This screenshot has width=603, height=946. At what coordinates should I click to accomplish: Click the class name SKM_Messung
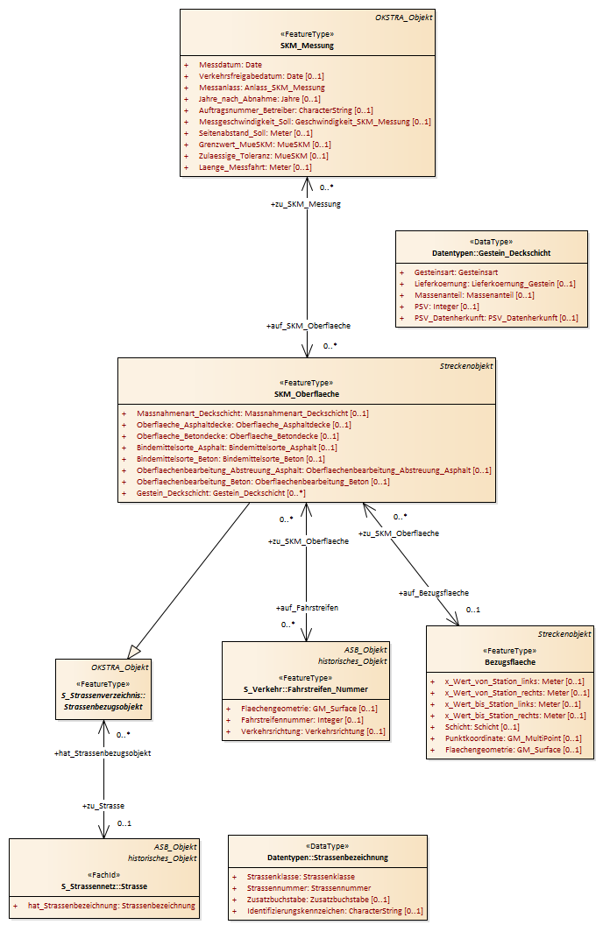[x=307, y=46]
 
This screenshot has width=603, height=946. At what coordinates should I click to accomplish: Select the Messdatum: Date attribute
[x=231, y=65]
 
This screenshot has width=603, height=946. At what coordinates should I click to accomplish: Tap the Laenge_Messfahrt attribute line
[x=255, y=167]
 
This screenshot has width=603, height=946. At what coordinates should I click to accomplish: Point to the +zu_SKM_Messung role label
[x=305, y=204]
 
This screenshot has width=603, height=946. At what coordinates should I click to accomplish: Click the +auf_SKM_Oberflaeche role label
[x=309, y=326]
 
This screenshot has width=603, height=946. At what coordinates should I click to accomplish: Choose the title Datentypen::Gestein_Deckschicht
[x=492, y=253]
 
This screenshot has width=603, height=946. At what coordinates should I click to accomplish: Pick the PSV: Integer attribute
[x=447, y=307]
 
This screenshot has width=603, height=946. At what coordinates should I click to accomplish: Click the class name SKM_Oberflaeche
[x=307, y=394]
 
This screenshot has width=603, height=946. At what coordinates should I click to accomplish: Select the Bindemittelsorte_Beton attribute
[x=231, y=459]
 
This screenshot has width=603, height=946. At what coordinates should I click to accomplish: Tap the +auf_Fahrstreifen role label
[x=308, y=608]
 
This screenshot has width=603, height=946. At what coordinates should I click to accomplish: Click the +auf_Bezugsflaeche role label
[x=433, y=593]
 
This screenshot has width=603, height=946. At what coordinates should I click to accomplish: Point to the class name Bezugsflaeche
[x=510, y=662]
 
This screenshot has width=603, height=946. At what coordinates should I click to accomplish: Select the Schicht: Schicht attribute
[x=482, y=727]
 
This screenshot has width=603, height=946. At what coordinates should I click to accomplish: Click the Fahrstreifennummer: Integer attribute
[x=302, y=720]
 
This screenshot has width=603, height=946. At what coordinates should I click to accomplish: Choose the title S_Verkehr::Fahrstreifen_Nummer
[x=305, y=689]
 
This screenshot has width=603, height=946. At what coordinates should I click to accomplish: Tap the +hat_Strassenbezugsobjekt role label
[x=103, y=753]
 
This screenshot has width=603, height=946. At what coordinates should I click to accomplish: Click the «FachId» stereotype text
[x=104, y=875]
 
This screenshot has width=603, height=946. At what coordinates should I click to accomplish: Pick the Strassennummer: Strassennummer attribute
[x=309, y=888]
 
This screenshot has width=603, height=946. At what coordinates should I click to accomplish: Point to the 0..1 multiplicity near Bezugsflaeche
[x=473, y=610]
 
